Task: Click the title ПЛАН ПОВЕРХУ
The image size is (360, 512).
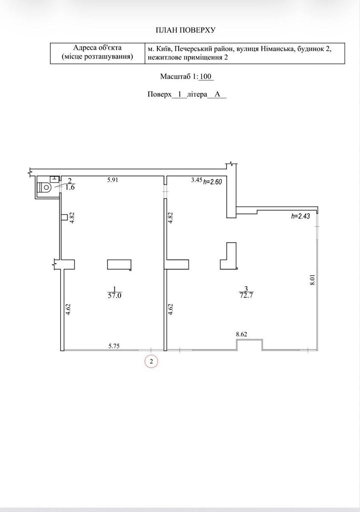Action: (x=186, y=30)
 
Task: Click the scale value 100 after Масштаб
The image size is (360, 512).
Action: (x=206, y=76)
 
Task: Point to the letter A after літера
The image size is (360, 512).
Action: (x=217, y=94)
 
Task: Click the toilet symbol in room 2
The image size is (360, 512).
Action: (x=45, y=187)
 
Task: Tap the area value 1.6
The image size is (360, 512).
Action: (x=70, y=187)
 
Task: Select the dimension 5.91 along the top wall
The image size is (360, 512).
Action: (x=113, y=180)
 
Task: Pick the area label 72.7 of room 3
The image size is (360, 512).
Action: (x=246, y=296)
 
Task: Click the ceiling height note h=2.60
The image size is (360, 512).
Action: (x=212, y=182)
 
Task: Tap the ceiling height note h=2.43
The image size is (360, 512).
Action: (x=301, y=216)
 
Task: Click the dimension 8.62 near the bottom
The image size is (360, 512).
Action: (x=241, y=334)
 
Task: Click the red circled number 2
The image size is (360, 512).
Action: (x=151, y=361)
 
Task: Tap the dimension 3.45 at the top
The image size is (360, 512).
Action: (x=197, y=180)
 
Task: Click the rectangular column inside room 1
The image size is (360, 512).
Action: (x=119, y=265)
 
